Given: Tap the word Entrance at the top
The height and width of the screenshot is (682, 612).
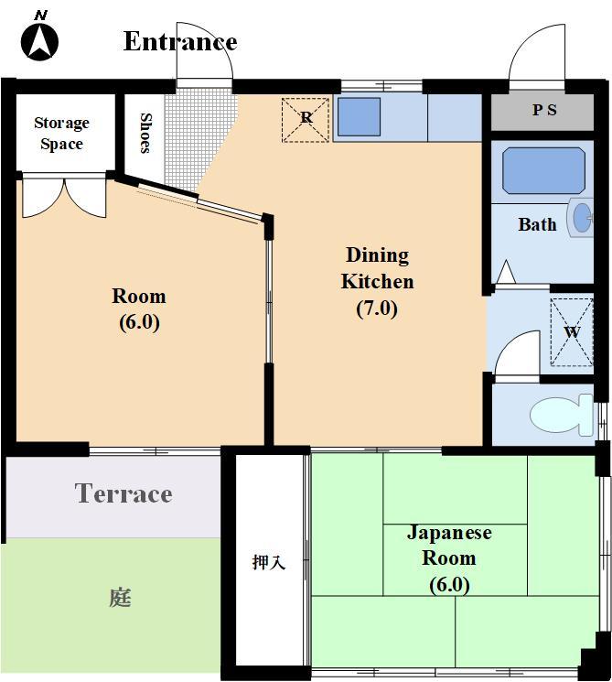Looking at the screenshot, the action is pos(180,42).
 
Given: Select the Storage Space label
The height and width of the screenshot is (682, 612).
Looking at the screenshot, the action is pos(61,133).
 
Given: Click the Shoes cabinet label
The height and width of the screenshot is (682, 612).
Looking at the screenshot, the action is pos(145,133).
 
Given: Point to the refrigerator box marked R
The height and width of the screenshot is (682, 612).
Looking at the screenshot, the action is pos(306,120).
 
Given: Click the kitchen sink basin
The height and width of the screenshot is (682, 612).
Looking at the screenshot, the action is pos(359,116).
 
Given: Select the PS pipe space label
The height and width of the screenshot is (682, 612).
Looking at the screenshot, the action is pos(544,110).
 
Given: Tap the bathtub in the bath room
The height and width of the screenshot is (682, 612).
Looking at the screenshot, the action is pos(543,170).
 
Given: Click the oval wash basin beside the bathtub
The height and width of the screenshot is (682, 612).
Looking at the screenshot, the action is pos(582,217).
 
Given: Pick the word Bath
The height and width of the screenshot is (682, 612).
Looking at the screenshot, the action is pos(537,225).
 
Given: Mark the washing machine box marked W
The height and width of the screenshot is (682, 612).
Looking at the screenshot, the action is pos(572,332).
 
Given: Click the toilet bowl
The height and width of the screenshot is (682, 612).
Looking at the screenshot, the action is pos(562,415).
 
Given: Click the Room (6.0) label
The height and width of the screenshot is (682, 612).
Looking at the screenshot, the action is pos(139,309).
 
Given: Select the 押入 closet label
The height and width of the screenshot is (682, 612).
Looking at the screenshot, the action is pos(269,562).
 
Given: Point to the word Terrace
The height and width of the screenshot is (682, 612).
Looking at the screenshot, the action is pos(123,493).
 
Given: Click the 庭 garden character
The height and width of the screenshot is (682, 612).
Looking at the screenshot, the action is pos(120,597).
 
